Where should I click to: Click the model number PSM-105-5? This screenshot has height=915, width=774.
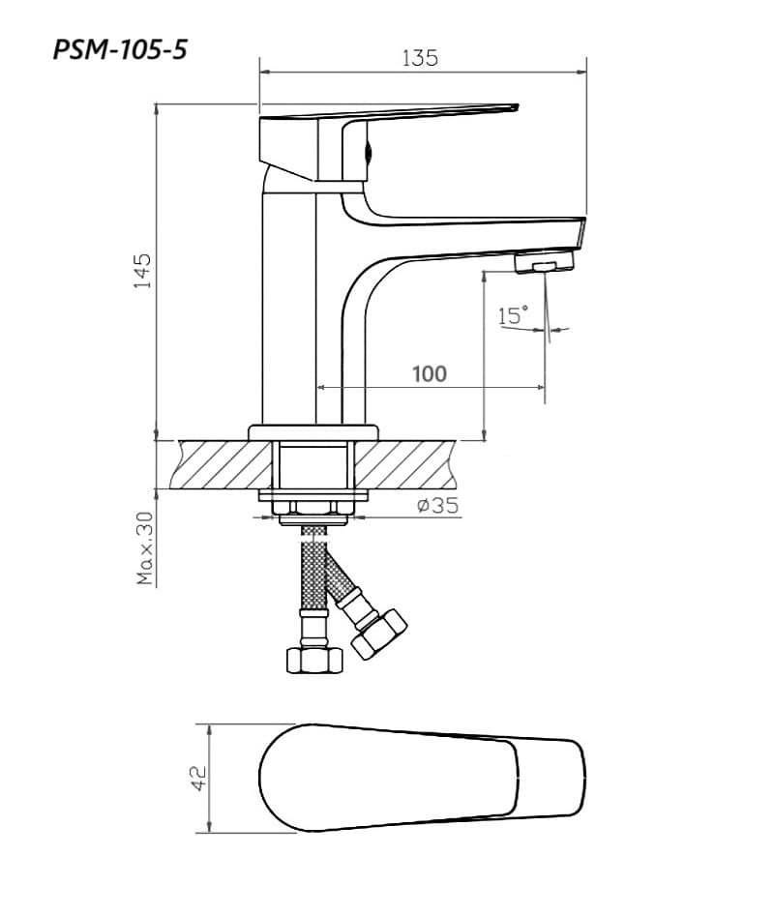120,49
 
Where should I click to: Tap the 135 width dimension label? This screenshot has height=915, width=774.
420,58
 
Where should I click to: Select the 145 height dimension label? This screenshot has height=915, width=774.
142,270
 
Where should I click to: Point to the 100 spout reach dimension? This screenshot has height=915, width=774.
430,373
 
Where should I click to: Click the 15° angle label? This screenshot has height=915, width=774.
513,314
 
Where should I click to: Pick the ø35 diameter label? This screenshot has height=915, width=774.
437,505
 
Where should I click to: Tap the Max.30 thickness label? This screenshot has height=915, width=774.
144,548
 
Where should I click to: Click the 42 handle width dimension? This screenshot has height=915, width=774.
199,778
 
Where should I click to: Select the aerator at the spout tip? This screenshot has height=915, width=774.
545,261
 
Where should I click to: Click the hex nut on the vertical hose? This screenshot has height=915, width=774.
315,659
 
